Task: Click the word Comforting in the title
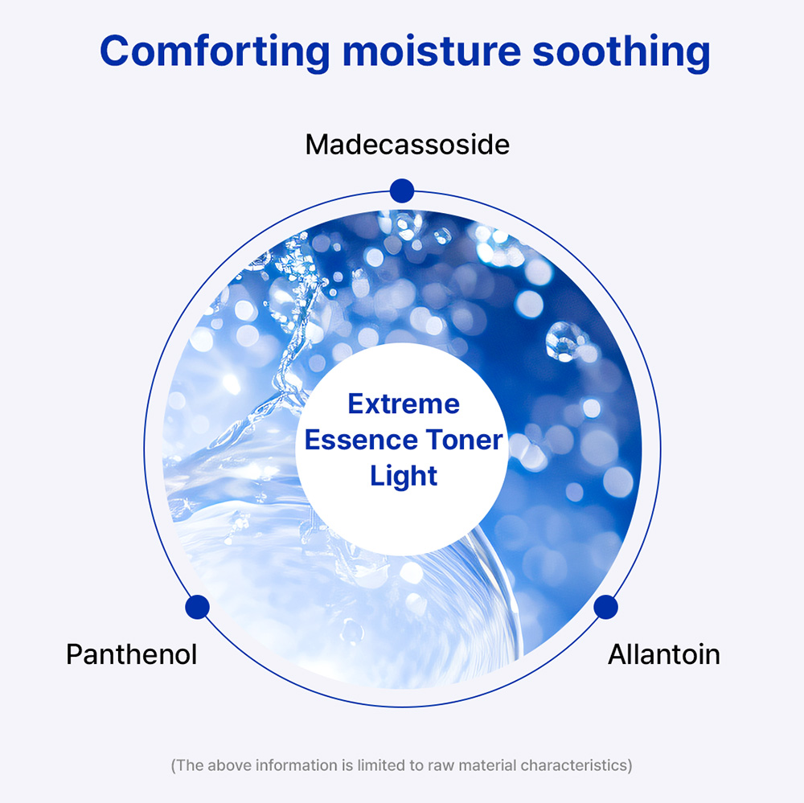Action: pyautogui.click(x=215, y=51)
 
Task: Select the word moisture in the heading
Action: pyautogui.click(x=432, y=51)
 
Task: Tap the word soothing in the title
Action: pyautogui.click(x=621, y=51)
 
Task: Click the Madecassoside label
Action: pyautogui.click(x=408, y=145)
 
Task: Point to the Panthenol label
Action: pyautogui.click(x=132, y=654)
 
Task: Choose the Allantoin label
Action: pyautogui.click(x=664, y=654)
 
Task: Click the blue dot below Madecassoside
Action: pyautogui.click(x=402, y=191)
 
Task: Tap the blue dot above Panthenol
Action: pyautogui.click(x=198, y=607)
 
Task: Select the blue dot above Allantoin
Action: pyautogui.click(x=606, y=607)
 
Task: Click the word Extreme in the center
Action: pyautogui.click(x=404, y=404)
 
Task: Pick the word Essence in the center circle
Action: pyautogui.click(x=361, y=440)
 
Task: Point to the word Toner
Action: pyautogui.click(x=465, y=440)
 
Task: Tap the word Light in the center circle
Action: pyautogui.click(x=404, y=477)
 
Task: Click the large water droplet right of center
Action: pyautogui.click(x=565, y=342)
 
